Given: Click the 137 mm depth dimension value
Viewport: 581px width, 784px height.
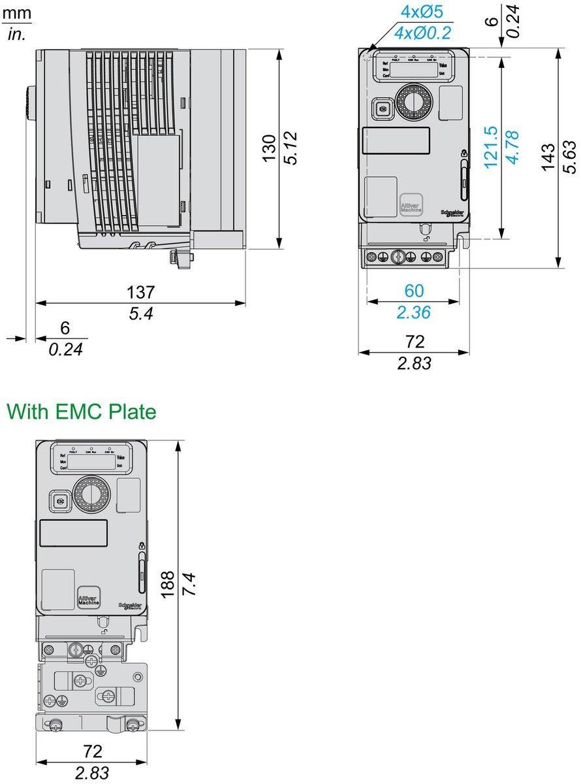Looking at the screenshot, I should pyautogui.click(x=141, y=292).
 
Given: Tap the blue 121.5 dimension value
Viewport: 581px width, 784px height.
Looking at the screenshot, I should pyautogui.click(x=491, y=148).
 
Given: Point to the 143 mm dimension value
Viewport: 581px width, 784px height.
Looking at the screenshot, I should pyautogui.click(x=549, y=157).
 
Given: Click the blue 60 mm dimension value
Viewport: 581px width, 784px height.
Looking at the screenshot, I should pyautogui.click(x=414, y=291).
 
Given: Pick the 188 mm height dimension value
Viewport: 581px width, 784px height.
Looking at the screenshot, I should pyautogui.click(x=168, y=585).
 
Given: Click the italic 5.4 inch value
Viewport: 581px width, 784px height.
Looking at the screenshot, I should pyautogui.click(x=140, y=314).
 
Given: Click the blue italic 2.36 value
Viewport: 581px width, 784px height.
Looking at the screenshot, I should pyautogui.click(x=414, y=313).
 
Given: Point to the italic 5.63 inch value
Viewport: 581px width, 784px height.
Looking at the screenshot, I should pyautogui.click(x=570, y=157).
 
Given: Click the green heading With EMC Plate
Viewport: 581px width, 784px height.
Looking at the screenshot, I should pyautogui.click(x=81, y=412).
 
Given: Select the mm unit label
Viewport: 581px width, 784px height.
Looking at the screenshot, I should pyautogui.click(x=16, y=12).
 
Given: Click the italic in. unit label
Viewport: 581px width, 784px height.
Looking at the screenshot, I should pyautogui.click(x=16, y=35).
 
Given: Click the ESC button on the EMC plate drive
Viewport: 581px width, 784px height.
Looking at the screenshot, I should pyautogui.click(x=61, y=501).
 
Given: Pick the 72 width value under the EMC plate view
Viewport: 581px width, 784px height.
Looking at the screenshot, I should pyautogui.click(x=91, y=751).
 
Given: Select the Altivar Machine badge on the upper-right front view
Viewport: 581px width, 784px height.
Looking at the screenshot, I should pyautogui.click(x=411, y=204).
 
